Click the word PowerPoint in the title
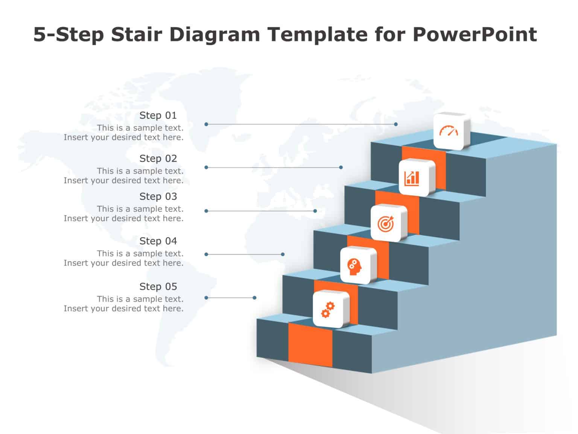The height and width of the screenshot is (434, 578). click(x=475, y=34)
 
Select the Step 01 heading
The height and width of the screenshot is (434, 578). click(x=158, y=115)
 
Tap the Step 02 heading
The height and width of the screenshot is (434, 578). click(x=158, y=159)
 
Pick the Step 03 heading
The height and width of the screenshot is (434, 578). click(x=158, y=196)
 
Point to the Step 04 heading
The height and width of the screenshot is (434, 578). click(x=158, y=241)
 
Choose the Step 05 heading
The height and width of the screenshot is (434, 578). click(x=158, y=287)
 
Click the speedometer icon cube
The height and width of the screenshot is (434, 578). click(x=451, y=131)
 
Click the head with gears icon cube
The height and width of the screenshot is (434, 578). click(x=357, y=266)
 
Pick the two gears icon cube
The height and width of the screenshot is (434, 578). click(x=330, y=309)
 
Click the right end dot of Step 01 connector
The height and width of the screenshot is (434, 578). click(x=396, y=124)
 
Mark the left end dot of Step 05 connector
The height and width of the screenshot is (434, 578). click(x=206, y=298)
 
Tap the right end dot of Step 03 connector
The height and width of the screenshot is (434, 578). click(x=315, y=211)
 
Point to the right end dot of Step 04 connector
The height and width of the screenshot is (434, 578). click(x=283, y=254)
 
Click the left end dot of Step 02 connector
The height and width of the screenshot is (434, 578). click(x=206, y=167)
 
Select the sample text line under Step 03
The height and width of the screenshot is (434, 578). click(x=140, y=209)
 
